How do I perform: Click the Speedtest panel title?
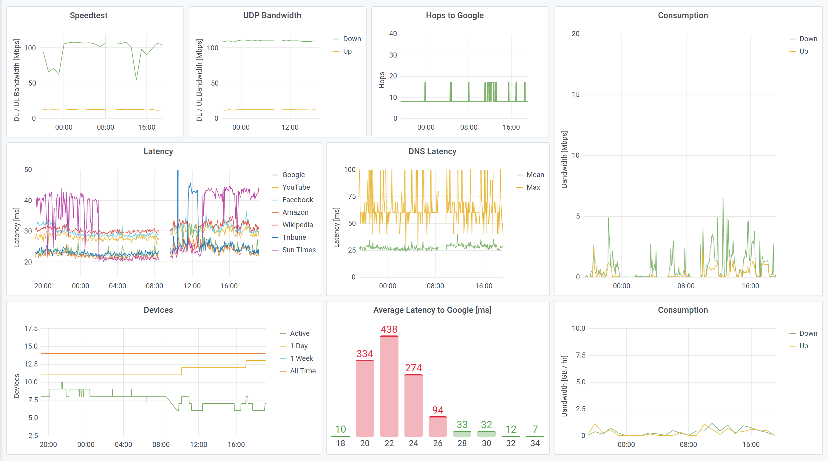point(88,16)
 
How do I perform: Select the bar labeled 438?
point(389,386)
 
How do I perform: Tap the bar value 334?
point(364,354)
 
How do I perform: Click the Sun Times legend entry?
point(299,250)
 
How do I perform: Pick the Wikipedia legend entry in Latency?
point(297,225)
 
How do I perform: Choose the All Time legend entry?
point(302,371)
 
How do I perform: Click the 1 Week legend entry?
point(301,358)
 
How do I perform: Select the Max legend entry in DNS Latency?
point(533,187)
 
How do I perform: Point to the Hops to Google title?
point(455,16)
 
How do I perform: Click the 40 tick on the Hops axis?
point(393,34)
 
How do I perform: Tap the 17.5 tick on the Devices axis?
point(31,328)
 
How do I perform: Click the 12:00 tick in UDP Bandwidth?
point(290,128)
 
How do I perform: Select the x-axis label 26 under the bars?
point(438,443)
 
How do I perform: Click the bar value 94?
point(438,410)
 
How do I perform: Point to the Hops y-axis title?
point(381,80)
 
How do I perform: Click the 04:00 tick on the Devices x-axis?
point(123,445)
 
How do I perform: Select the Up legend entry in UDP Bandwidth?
point(347,51)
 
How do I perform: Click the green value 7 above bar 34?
point(535,429)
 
